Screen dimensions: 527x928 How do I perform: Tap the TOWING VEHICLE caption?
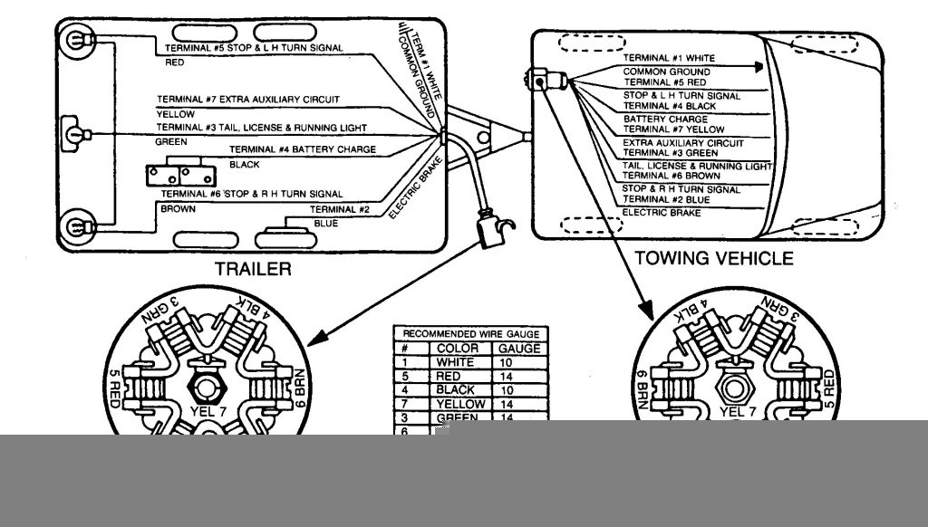click(713, 258)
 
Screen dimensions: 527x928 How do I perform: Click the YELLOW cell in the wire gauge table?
click(460, 404)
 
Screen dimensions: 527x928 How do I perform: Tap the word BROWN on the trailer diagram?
click(178, 208)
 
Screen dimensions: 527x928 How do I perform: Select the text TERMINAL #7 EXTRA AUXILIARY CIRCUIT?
click(242, 100)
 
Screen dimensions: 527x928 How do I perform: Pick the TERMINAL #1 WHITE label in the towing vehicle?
click(662, 58)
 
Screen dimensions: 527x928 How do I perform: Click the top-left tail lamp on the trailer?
click(73, 42)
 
